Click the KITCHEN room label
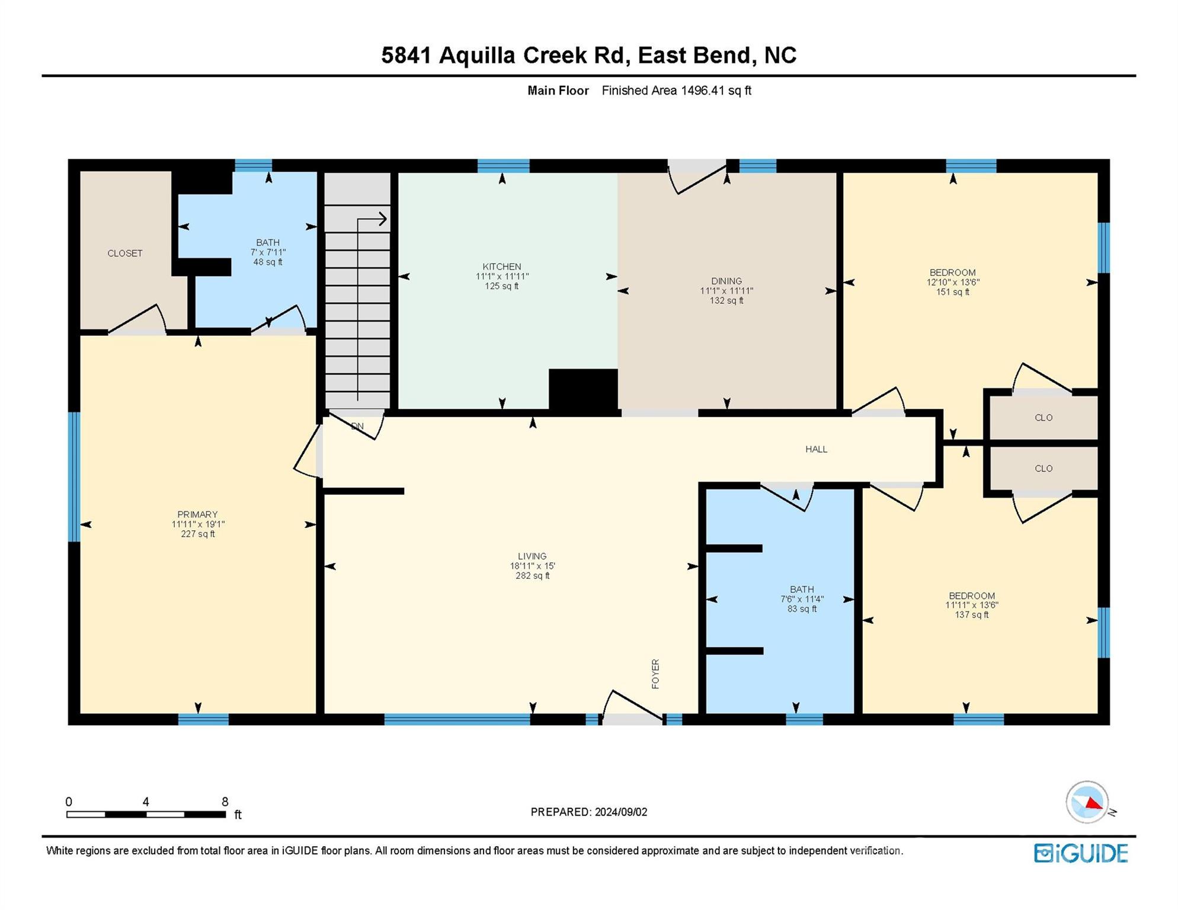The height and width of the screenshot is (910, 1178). [x=502, y=267]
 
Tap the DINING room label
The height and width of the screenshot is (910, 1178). [x=726, y=281]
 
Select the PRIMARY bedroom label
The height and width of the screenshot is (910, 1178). [x=197, y=514]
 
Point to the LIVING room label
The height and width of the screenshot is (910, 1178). [x=532, y=556]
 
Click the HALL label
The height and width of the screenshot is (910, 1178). [x=816, y=449]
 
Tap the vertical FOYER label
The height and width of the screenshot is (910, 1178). [x=655, y=674]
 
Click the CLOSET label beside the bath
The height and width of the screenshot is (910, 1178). [x=124, y=253]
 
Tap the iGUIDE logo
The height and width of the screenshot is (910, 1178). [x=1081, y=853]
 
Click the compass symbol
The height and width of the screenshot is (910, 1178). [x=1087, y=802]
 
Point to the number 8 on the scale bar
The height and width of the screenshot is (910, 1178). [x=225, y=802]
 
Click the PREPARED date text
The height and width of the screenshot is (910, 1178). [x=589, y=812]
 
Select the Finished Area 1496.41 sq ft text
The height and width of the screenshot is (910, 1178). [x=677, y=91]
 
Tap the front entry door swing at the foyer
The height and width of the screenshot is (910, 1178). [x=632, y=707]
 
